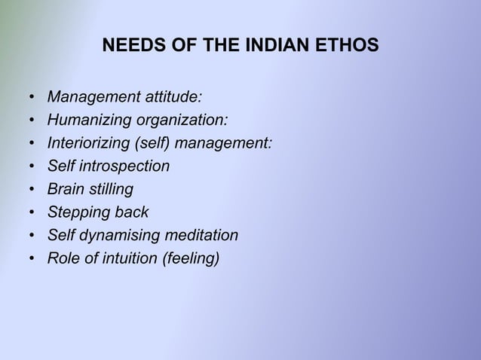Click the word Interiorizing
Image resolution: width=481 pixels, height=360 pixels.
86,143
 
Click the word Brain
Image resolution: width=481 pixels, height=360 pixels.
66,190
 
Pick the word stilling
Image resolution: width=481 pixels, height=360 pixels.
110,190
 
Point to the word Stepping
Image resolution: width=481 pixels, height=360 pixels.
76,213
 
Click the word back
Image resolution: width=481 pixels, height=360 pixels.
130,213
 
